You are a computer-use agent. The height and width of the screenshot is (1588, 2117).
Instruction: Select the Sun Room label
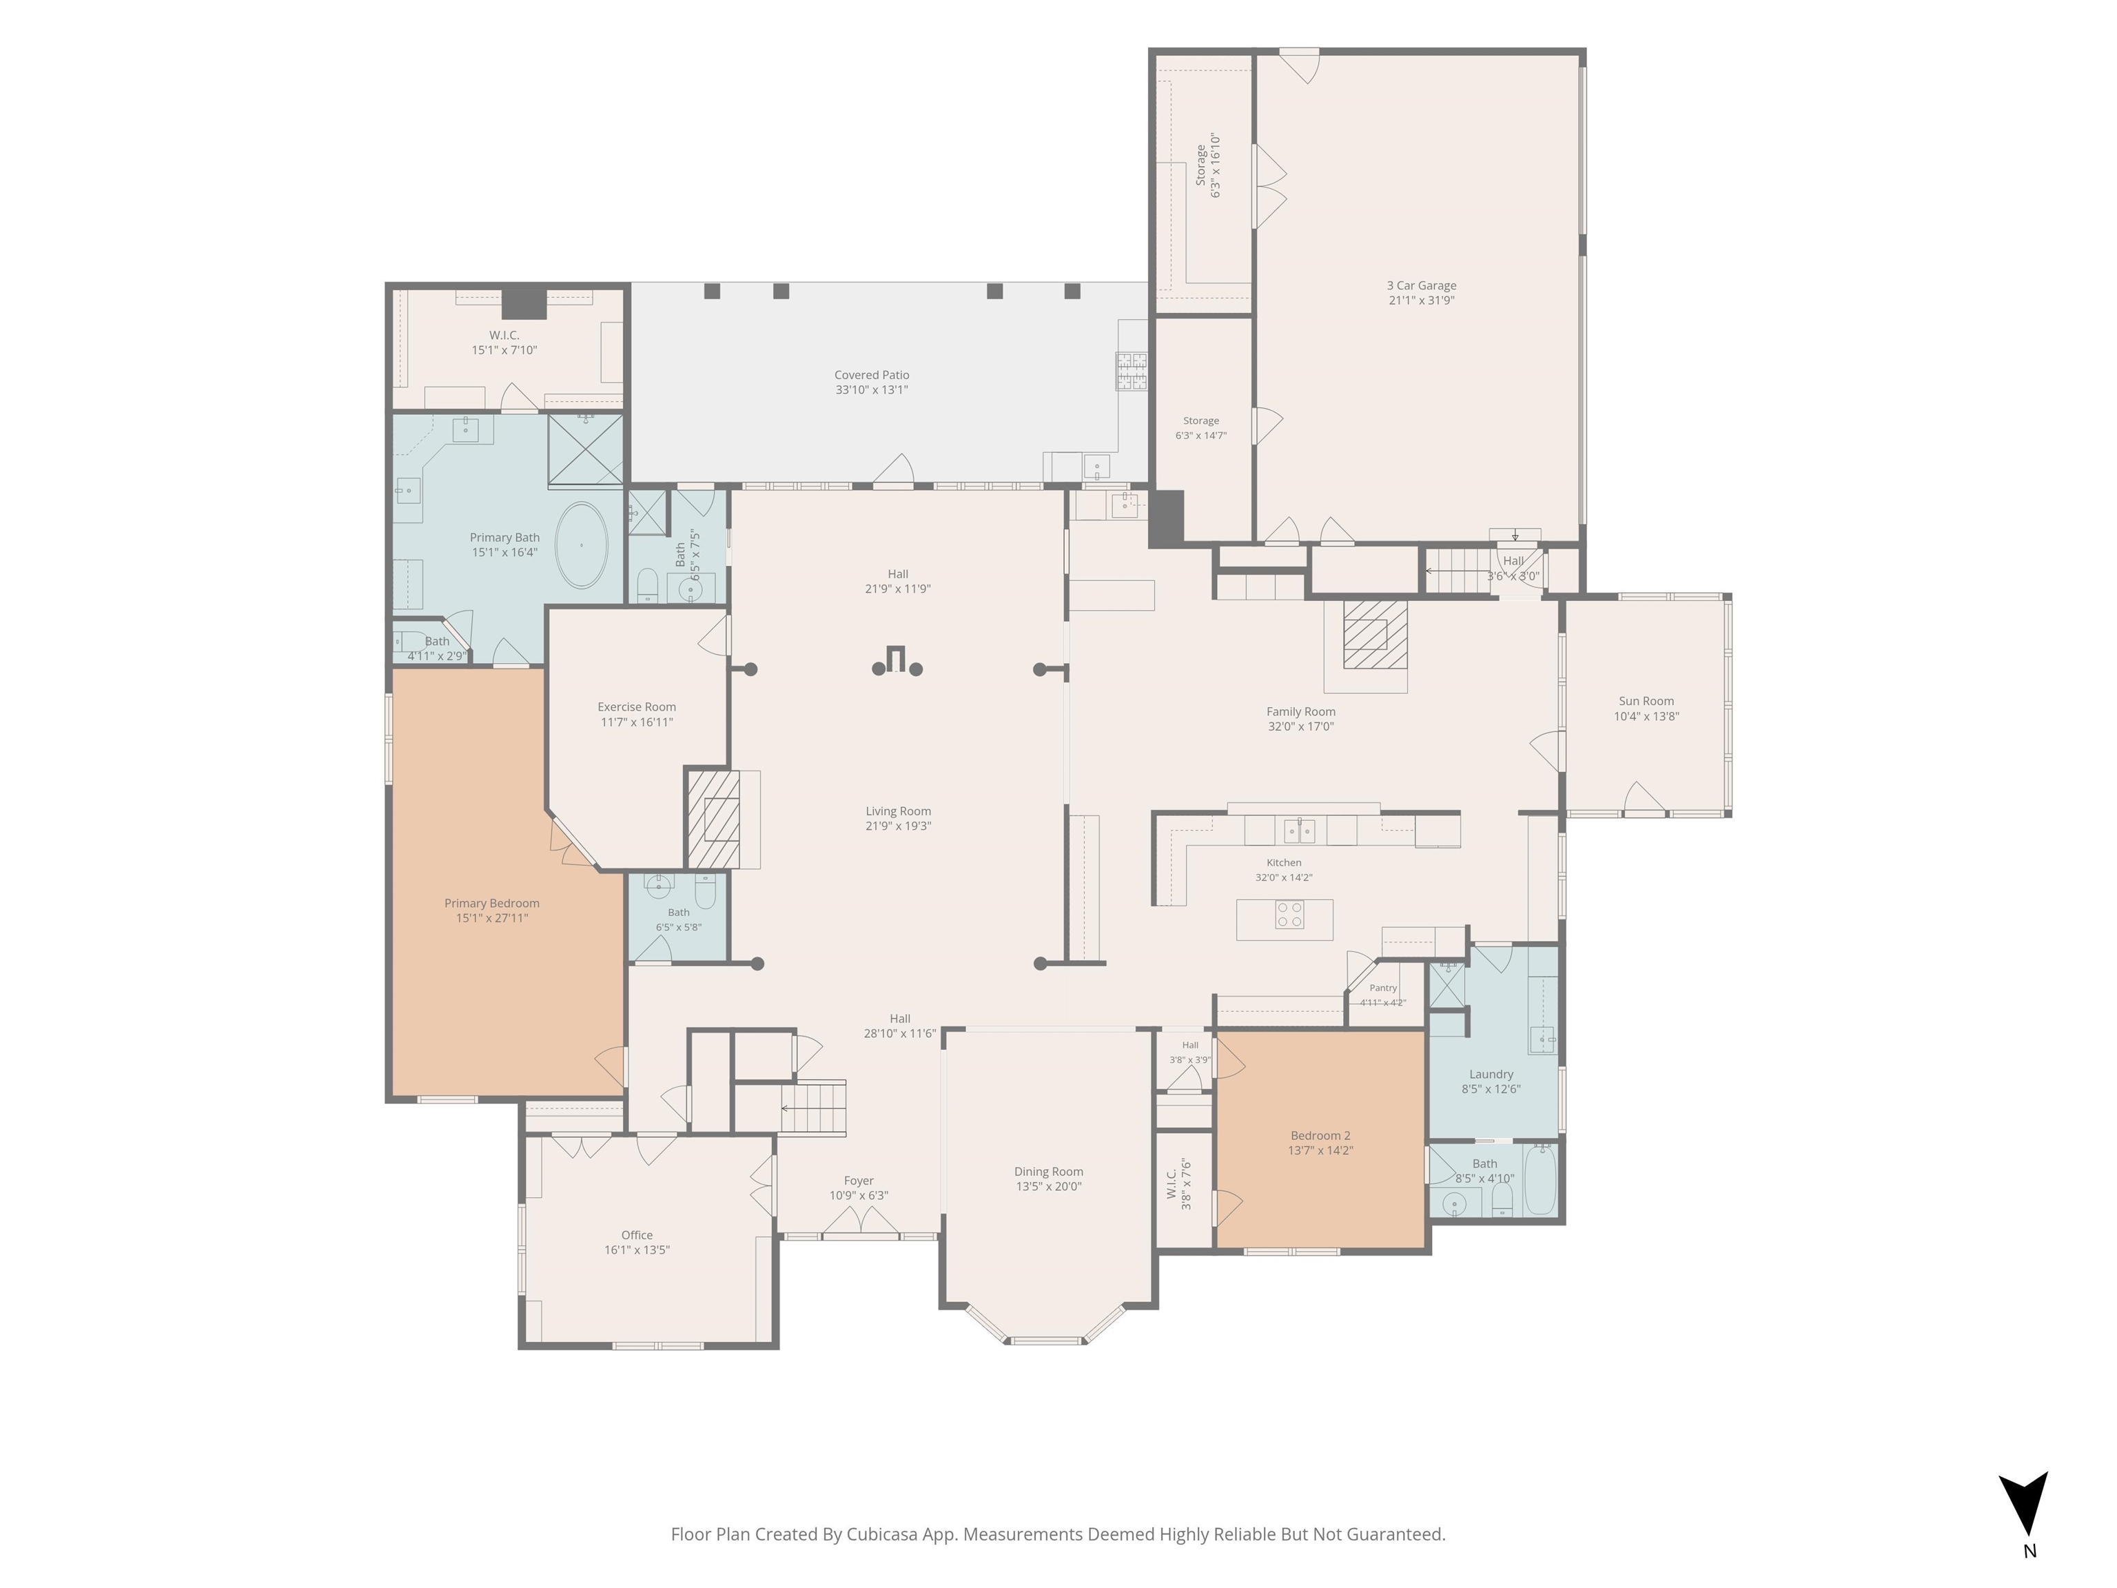click(1646, 702)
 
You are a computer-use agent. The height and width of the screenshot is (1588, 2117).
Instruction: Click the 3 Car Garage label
click(1421, 285)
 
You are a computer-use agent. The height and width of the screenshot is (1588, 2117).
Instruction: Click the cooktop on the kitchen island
click(1289, 915)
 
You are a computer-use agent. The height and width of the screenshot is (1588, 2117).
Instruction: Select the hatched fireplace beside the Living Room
click(714, 820)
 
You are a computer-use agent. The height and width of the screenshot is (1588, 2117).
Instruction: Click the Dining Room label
click(1049, 1172)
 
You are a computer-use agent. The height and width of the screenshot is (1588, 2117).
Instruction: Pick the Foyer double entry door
click(861, 1221)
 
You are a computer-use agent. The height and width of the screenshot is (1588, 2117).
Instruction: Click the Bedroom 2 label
click(1321, 1136)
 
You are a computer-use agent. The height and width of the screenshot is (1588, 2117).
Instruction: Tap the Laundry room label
click(1491, 1074)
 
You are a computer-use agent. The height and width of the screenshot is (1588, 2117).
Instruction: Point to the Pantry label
click(1383, 988)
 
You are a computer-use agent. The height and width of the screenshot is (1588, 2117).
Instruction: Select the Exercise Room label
click(637, 707)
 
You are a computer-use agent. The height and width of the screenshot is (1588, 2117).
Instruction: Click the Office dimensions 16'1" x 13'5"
click(637, 1250)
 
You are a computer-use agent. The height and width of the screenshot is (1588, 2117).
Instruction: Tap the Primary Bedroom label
click(492, 904)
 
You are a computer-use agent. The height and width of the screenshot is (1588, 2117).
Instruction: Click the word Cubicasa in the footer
click(881, 1534)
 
